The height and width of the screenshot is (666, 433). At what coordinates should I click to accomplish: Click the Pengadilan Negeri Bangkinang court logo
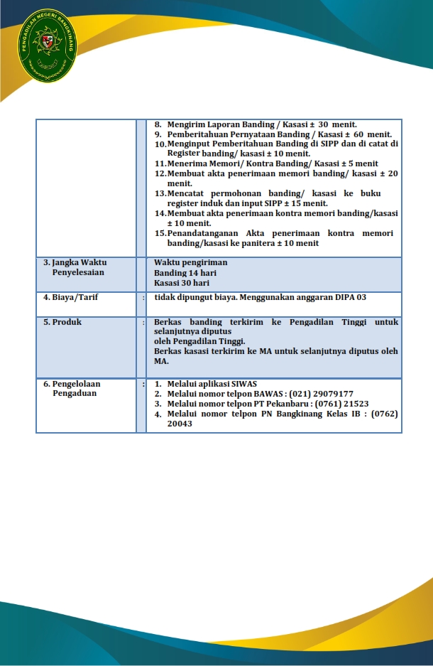pyautogui.click(x=48, y=45)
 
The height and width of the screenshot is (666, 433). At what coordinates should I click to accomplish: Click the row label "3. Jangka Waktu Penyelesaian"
pyautogui.click(x=75, y=267)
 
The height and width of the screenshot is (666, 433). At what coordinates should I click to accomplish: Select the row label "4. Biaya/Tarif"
pyautogui.click(x=70, y=297)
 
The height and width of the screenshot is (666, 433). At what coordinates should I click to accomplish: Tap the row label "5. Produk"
pyautogui.click(x=62, y=322)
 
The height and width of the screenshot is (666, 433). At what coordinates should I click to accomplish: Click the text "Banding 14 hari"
pyautogui.click(x=185, y=273)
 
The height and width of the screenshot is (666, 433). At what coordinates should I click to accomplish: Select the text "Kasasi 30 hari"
pyautogui.click(x=182, y=283)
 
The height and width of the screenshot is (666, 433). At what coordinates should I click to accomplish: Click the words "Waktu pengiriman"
pyautogui.click(x=191, y=262)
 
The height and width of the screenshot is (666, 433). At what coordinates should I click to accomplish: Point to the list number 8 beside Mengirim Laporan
pyautogui.click(x=158, y=124)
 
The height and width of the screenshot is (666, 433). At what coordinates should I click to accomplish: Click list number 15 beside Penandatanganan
pyautogui.click(x=160, y=233)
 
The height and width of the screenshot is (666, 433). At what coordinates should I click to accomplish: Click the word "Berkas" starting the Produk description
pyautogui.click(x=168, y=322)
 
